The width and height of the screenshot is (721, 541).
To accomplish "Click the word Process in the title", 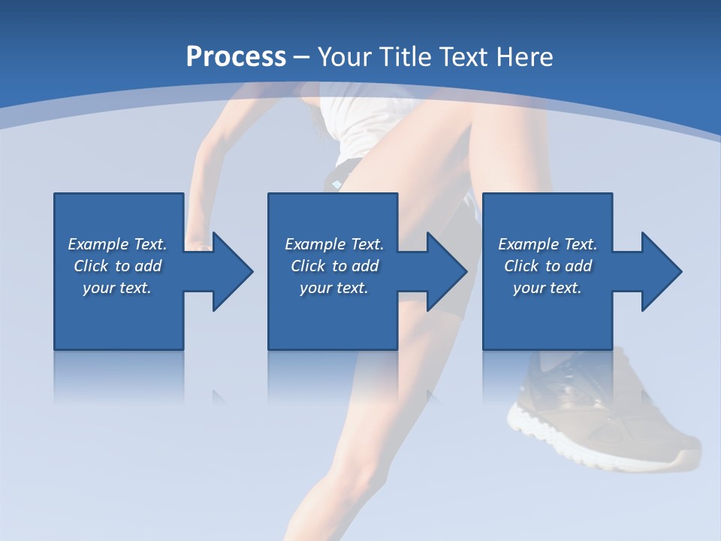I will pyautogui.click(x=236, y=57).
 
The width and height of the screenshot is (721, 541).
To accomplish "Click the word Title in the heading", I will pyautogui.click(x=405, y=57).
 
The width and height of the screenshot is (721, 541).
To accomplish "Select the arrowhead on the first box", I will pyautogui.click(x=228, y=271).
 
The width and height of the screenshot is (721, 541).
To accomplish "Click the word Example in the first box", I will pyautogui.click(x=98, y=244).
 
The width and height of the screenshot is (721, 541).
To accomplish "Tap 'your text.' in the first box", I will pyautogui.click(x=117, y=288).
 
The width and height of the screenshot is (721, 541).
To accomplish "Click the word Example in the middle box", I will pyautogui.click(x=315, y=244).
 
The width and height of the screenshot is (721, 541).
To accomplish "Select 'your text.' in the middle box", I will pyautogui.click(x=333, y=288).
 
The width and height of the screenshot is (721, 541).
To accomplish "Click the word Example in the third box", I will pyautogui.click(x=528, y=244).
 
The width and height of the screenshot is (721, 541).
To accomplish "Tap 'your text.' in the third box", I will pyautogui.click(x=547, y=288).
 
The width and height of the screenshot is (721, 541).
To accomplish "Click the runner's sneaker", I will pyautogui.click(x=601, y=398).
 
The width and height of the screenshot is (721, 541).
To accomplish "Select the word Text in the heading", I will pyautogui.click(x=464, y=57).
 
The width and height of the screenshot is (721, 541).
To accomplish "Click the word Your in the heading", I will pyautogui.click(x=345, y=57).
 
